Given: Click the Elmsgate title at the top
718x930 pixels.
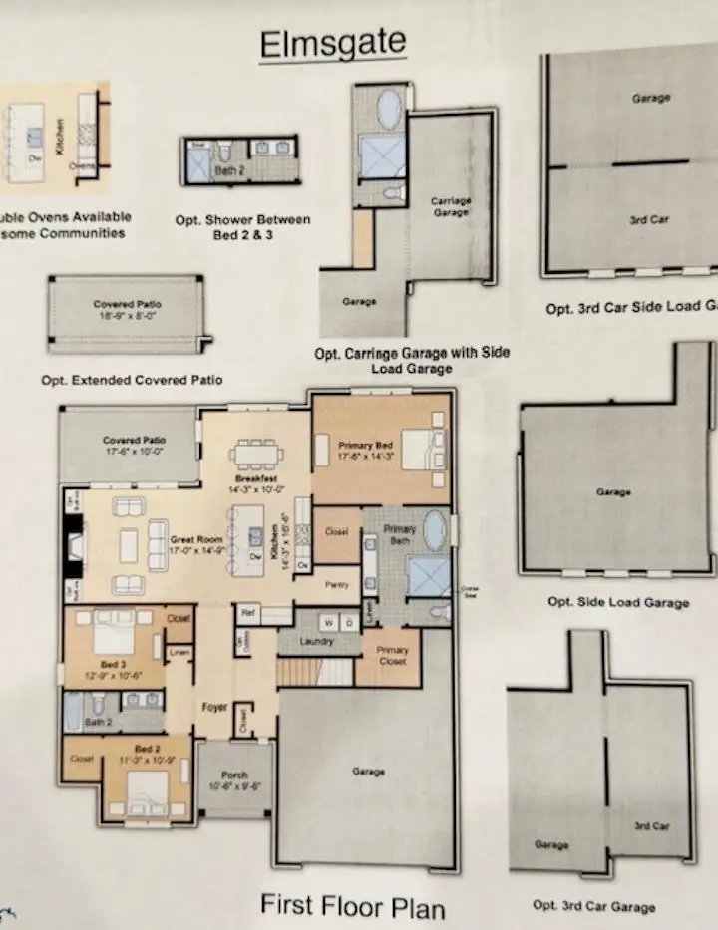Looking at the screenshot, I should (332, 42).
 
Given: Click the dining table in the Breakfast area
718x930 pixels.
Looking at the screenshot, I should (256, 454).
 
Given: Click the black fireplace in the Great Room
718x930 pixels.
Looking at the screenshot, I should (73, 546).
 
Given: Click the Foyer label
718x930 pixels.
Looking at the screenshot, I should (214, 707).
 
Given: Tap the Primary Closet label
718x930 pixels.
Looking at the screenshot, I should (392, 655).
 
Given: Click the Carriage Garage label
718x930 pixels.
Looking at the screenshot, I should (451, 206).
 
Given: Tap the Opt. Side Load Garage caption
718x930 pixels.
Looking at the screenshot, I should (617, 602).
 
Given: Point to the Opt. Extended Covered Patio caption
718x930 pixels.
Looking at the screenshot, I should (132, 380).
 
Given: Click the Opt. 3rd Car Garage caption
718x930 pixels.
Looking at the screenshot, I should (593, 905).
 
